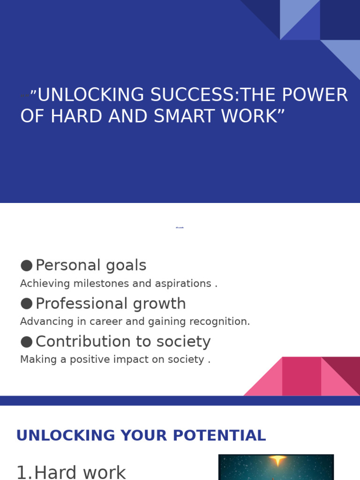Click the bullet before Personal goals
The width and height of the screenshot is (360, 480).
[26, 266]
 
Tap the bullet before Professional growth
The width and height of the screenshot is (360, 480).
[26, 304]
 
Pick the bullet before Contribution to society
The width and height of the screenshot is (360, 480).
[26, 342]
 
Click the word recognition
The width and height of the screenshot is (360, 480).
[220, 322]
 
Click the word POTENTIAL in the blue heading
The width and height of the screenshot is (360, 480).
[223, 435]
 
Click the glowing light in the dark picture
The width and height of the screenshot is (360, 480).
[277, 460]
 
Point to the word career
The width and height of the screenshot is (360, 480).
[131, 322]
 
